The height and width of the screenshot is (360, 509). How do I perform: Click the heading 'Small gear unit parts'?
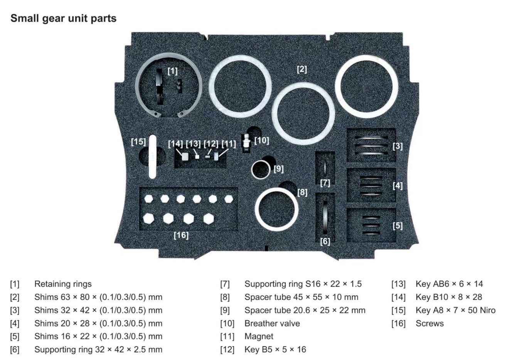63,18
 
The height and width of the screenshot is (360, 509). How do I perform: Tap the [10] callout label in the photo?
261,140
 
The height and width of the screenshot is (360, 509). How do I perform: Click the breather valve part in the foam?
245,143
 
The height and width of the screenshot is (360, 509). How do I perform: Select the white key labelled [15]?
153,156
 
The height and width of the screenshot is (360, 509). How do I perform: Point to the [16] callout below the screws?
181,235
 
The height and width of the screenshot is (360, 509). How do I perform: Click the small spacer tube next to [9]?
261,169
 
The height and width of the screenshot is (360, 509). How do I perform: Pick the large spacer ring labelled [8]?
276,208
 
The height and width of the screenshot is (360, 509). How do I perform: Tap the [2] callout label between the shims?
302,69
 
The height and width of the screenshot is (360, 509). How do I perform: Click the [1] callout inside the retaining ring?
172,71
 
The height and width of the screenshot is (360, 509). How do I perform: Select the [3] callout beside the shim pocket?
397,146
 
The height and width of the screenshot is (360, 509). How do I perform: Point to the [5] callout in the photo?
397,225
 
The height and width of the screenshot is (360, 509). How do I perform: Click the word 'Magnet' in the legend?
259,336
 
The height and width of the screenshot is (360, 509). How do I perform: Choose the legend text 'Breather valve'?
272,323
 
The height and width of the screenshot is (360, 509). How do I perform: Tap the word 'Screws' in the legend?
430,323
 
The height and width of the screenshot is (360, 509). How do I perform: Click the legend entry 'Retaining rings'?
63,284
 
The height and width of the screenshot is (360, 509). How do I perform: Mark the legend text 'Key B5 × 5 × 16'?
275,350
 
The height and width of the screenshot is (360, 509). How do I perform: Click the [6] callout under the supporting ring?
325,242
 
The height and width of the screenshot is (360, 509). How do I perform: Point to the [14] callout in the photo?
175,144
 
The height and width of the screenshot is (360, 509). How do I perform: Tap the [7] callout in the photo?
325,183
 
